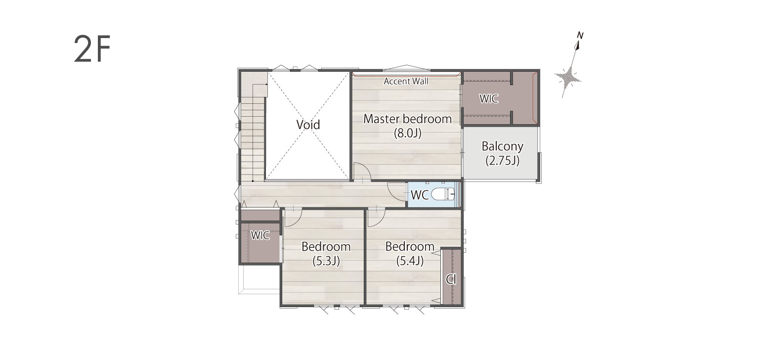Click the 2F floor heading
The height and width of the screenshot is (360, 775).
point(92,49)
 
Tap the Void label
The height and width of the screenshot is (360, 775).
point(308,125)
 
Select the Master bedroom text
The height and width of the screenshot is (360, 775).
point(408,119)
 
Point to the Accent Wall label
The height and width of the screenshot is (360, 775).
point(406,81)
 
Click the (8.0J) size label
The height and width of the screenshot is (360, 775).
point(408,134)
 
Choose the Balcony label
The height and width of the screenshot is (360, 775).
point(502,147)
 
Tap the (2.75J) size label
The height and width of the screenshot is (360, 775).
point(502,161)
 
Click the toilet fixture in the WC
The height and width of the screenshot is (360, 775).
point(443,194)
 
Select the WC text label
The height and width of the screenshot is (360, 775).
point(420,195)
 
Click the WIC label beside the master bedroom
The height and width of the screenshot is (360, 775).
point(488,99)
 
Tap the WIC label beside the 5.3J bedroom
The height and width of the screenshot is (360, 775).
point(260,235)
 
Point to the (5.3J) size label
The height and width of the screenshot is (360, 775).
point(326,261)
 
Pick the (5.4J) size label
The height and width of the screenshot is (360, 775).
point(410,261)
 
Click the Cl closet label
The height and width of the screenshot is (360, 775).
point(451,279)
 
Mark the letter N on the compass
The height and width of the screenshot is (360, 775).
point(580,35)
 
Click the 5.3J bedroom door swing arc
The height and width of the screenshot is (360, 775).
point(298,220)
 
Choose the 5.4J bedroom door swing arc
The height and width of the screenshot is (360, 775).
point(381,220)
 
